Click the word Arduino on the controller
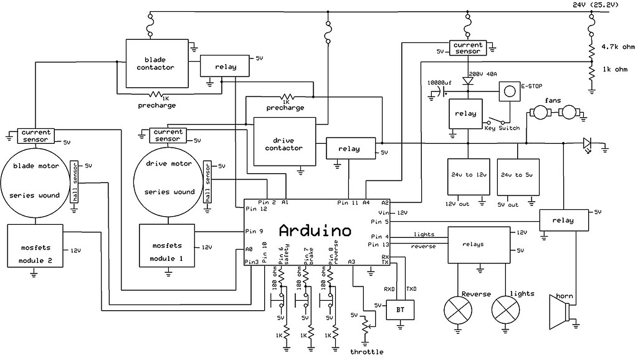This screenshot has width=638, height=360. (315, 231)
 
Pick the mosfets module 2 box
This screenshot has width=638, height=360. (34, 245)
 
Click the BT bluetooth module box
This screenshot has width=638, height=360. (400, 309)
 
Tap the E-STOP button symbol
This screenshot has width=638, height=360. (510, 92)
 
